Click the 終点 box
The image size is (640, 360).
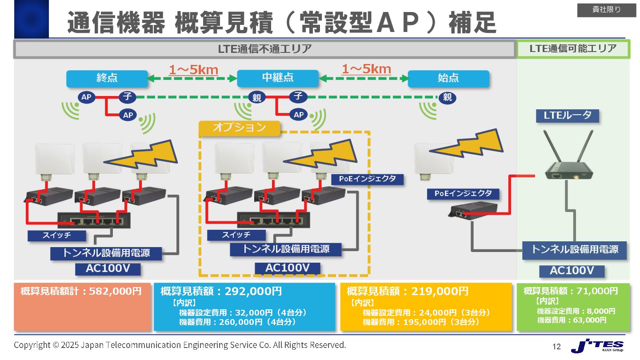tap(107, 79)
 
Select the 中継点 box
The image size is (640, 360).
tap(278, 79)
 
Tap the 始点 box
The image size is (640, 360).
tap(448, 79)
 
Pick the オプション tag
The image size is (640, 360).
tap(239, 128)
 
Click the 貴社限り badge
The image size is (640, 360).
tap(606, 10)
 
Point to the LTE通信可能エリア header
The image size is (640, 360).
tap(573, 49)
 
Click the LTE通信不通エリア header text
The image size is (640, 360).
tap(264, 49)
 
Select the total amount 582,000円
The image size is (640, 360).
tap(115, 292)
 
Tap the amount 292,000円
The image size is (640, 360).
tap(253, 292)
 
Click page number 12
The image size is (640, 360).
tap(556, 346)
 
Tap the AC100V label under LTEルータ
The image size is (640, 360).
tap(572, 271)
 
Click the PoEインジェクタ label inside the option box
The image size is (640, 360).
tap(368, 180)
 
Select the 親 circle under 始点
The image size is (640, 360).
tap(447, 97)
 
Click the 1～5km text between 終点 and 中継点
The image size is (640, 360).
tap(193, 70)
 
